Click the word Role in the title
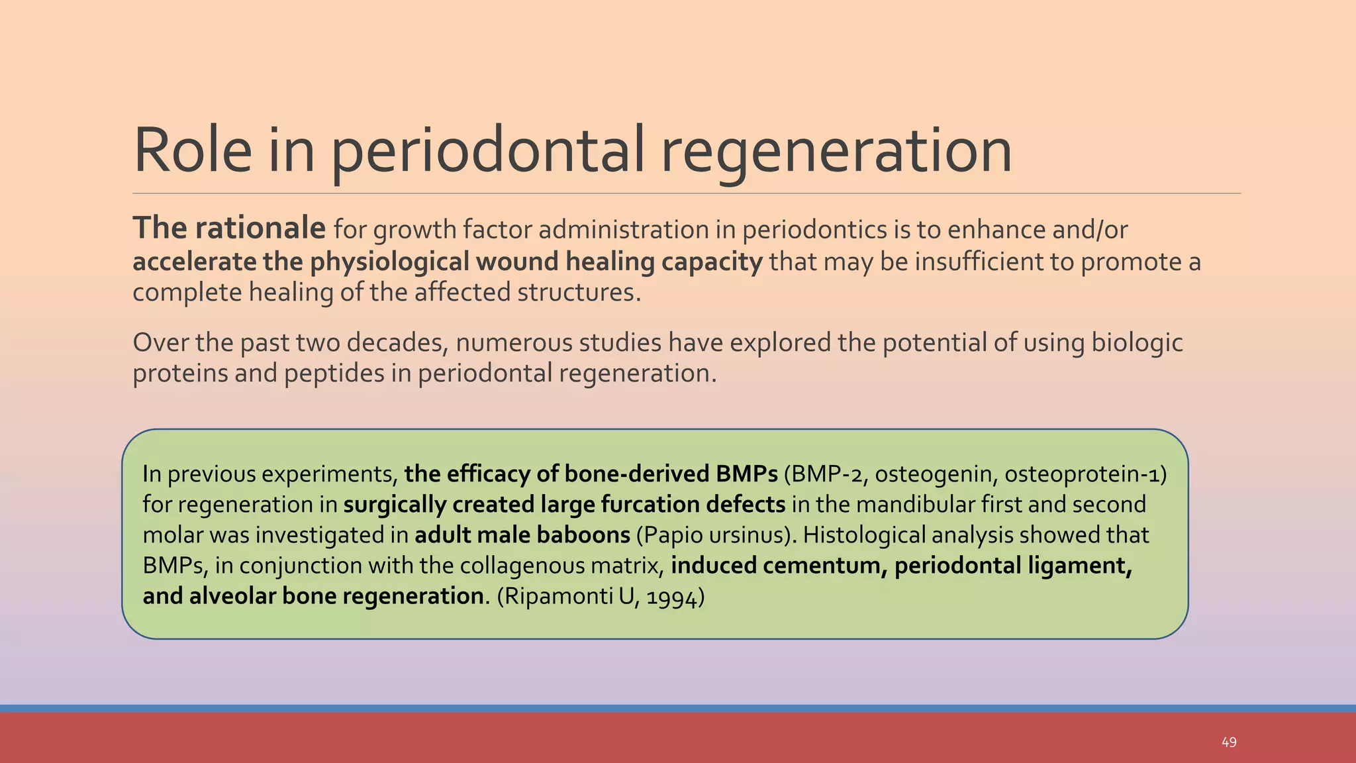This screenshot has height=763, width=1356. (192, 151)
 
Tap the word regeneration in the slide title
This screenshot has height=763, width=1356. (836, 151)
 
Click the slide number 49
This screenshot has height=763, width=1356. (1229, 742)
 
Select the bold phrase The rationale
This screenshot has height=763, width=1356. (229, 229)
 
